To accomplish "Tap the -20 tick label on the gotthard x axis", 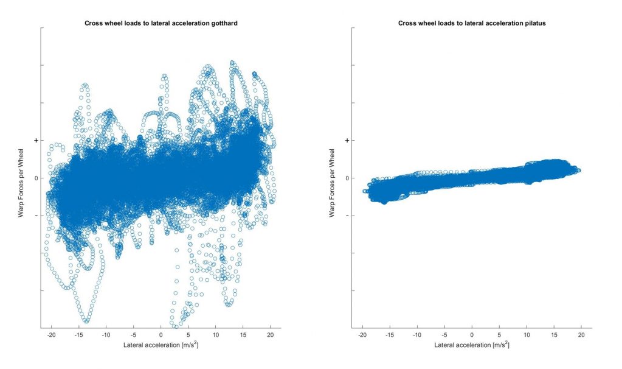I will (51, 335).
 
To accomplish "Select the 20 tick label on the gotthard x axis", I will (270, 335).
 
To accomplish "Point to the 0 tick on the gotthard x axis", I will (161, 335).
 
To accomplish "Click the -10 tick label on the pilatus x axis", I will (416, 335).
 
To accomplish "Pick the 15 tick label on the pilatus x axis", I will (553, 335).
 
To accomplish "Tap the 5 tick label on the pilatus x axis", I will (499, 335).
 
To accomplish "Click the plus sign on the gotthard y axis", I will (36, 141).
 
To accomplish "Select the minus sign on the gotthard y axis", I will (36, 216).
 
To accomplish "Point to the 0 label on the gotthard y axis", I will (36, 178).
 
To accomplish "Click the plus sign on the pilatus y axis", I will (348, 141).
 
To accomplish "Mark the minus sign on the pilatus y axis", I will (348, 216).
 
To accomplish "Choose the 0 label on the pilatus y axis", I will (348, 178).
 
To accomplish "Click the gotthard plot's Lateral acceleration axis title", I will (161, 345).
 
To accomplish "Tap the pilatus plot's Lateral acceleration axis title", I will (471, 345).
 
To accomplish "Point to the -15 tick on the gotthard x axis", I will (78, 335).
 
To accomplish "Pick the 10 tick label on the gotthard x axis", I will (215, 335).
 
